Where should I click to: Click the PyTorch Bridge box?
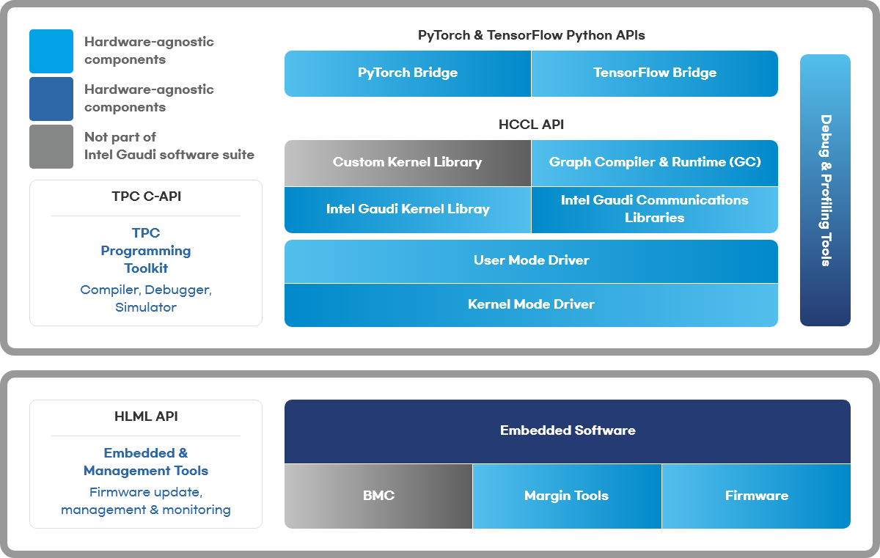coord(408,73)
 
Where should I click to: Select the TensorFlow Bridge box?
coord(654,73)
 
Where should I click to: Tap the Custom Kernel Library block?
coord(408,163)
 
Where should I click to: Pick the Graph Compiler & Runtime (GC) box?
coord(654,163)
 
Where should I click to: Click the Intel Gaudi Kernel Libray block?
coord(408,210)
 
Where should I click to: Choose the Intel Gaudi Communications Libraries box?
coord(654,210)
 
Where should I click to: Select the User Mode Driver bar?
coord(531,262)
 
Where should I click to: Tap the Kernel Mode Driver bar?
coord(531,305)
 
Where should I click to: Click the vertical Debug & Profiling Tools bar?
coord(825,190)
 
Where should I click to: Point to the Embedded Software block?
coord(568,432)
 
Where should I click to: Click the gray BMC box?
coord(378,496)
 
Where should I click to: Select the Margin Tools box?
coord(567,496)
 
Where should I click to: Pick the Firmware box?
coord(756,496)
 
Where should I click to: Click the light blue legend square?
coord(51,51)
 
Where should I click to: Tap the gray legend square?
coord(51,147)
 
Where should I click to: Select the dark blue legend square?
coord(51,99)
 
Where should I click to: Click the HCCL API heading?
coord(531,125)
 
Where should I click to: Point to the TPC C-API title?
coord(146,197)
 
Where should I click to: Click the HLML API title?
coord(146,416)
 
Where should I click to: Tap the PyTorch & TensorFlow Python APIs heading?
coord(531,35)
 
